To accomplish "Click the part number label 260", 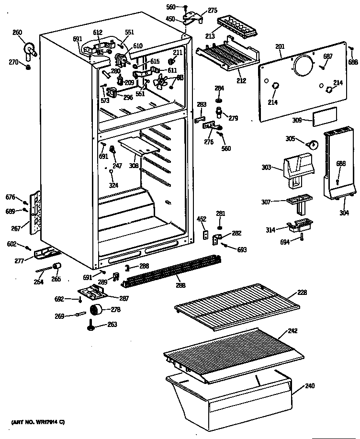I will [17, 33].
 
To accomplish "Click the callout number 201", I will [280, 46].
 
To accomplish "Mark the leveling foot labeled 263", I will [90, 326].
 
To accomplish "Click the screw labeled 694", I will [302, 237].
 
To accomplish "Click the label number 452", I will [202, 219].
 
